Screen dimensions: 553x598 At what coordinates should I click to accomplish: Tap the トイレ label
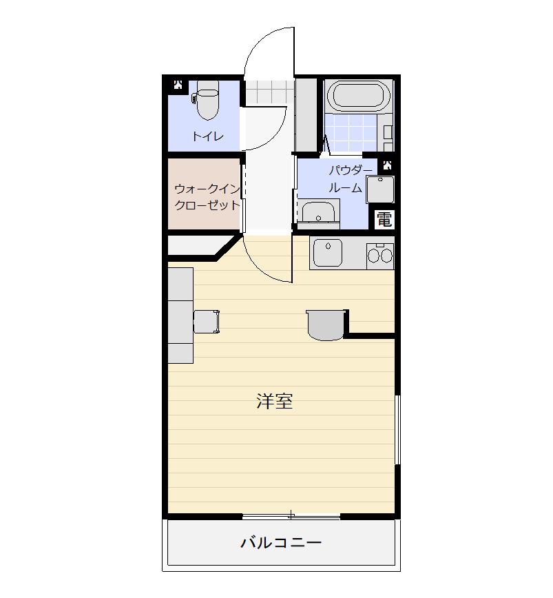(208, 136)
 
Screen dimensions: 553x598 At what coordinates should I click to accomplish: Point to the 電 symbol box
(384, 220)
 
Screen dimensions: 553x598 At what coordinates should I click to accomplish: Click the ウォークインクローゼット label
(207, 197)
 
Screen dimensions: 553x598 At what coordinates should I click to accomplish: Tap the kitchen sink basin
(328, 253)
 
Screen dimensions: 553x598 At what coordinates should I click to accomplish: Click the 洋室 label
(274, 401)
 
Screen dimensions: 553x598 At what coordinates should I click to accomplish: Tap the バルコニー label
(281, 542)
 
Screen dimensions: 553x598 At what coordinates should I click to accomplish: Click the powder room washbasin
(318, 214)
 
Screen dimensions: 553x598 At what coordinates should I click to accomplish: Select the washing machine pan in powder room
(380, 189)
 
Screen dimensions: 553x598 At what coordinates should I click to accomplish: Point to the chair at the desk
(207, 322)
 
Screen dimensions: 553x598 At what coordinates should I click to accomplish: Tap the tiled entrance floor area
(269, 92)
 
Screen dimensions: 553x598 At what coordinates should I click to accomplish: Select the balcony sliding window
(291, 517)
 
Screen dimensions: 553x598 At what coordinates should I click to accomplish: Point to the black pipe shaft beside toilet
(178, 85)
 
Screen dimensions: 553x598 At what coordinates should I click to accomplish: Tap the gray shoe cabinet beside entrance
(306, 114)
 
